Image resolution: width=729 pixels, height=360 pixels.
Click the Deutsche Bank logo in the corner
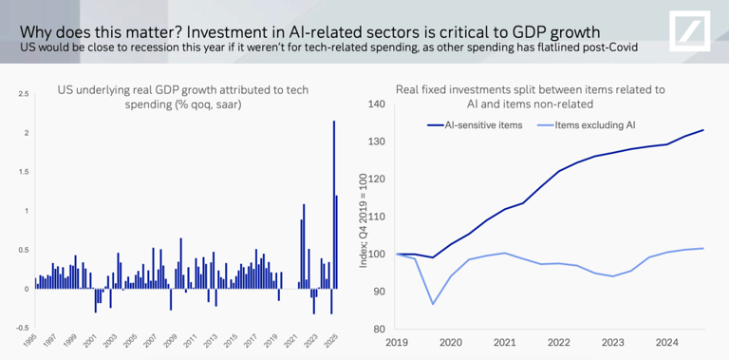[x=696, y=31]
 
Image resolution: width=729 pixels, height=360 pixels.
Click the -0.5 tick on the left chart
[x=21, y=328]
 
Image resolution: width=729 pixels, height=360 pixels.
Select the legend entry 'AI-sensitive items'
[x=483, y=124]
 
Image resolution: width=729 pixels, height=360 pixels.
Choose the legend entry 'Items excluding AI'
[x=594, y=124]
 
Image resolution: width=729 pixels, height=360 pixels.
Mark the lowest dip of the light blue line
[x=433, y=304]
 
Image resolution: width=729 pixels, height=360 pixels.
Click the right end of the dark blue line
[x=703, y=130]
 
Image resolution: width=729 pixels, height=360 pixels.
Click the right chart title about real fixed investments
[x=530, y=97]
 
